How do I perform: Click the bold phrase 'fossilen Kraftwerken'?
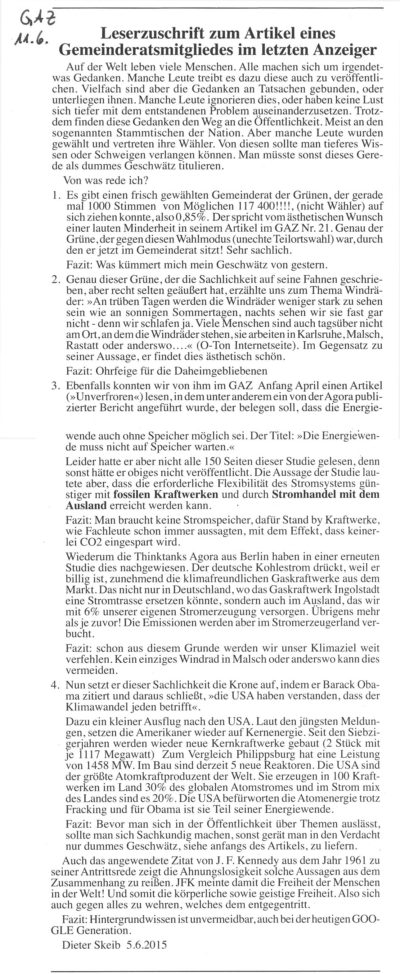pos(166,494)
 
